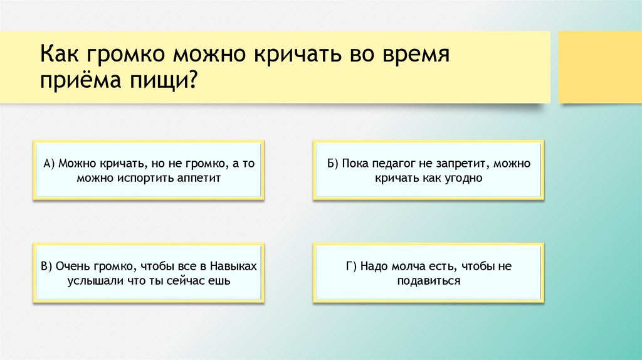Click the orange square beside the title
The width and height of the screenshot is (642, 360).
600,67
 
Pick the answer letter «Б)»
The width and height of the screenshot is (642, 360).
332,164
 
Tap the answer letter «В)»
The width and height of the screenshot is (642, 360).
47,267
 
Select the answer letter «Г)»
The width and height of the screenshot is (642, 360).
351,267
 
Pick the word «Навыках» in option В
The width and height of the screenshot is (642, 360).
233,267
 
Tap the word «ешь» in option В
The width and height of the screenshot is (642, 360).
221,281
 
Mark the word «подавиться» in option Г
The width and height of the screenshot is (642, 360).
428,281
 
